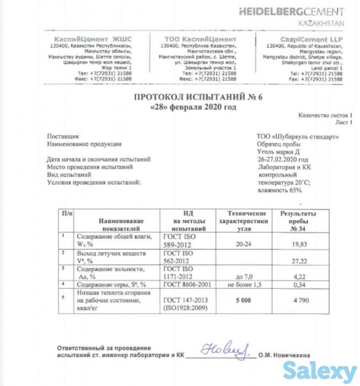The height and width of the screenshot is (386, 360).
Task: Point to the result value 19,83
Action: [298, 243]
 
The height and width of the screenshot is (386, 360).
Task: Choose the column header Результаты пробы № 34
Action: [298, 220]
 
